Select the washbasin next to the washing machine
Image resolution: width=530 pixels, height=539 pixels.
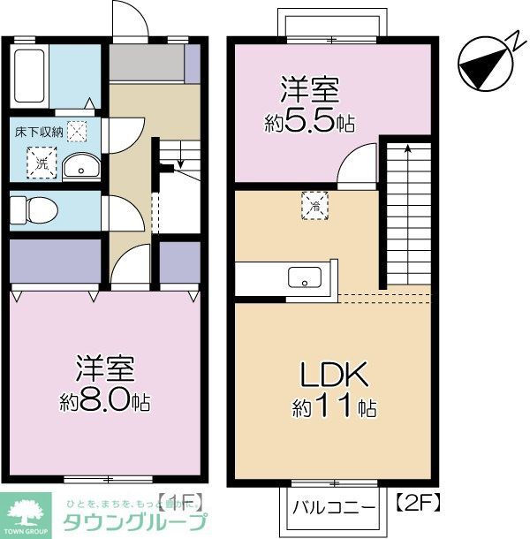tap(82, 164)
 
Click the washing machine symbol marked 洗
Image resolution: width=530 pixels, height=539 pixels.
tap(41, 163)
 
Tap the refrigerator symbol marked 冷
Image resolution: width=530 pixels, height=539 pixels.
tap(314, 205)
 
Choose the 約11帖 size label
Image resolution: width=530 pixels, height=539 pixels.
tap(334, 407)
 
